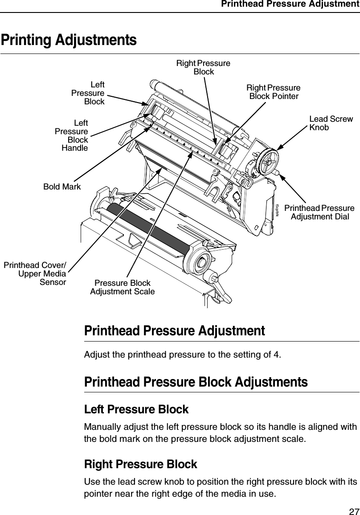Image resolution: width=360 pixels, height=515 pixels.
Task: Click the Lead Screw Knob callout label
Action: (331, 124)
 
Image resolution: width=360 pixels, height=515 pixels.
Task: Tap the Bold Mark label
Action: (62, 187)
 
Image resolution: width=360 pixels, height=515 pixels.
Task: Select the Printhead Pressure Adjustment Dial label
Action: (319, 212)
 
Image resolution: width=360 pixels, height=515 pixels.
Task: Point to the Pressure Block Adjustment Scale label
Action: (123, 288)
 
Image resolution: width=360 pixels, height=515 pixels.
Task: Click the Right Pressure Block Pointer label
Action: (274, 92)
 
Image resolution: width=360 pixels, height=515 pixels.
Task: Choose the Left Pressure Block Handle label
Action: (71, 135)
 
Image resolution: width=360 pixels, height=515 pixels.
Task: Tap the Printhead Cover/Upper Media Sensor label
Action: (35, 274)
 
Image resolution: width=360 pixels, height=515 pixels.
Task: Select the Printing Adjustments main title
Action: (69, 40)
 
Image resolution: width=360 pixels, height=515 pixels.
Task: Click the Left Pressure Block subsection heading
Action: (136, 409)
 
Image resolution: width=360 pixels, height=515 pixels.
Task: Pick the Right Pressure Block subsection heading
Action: (140, 464)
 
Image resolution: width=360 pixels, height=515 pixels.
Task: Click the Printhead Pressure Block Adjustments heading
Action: (196, 382)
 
